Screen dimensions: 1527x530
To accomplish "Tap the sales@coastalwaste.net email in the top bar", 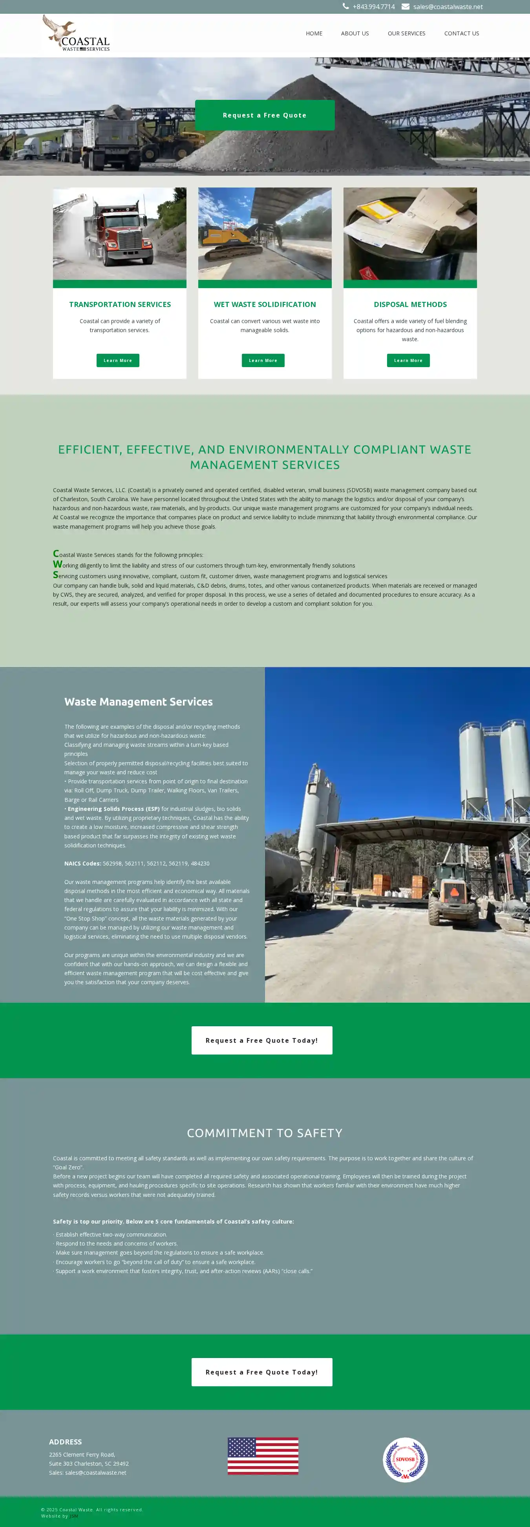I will click(x=447, y=7).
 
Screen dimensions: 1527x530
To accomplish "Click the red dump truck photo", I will click(x=120, y=233).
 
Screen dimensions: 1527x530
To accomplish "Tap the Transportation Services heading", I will click(x=120, y=305).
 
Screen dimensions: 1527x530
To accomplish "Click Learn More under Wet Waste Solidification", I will click(x=263, y=360).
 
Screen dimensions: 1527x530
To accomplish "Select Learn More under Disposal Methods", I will click(x=408, y=360).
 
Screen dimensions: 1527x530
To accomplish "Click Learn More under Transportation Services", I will click(x=118, y=360).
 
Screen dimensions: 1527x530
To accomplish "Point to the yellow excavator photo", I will click(x=265, y=233).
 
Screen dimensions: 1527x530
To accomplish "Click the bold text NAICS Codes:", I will click(x=83, y=864).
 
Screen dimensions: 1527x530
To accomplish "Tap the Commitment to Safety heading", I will click(x=265, y=1133).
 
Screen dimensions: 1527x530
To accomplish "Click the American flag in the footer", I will click(x=263, y=1455).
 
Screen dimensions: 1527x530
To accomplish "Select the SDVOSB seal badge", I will click(x=405, y=1459).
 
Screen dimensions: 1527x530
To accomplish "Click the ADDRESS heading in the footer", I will click(x=65, y=1442).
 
